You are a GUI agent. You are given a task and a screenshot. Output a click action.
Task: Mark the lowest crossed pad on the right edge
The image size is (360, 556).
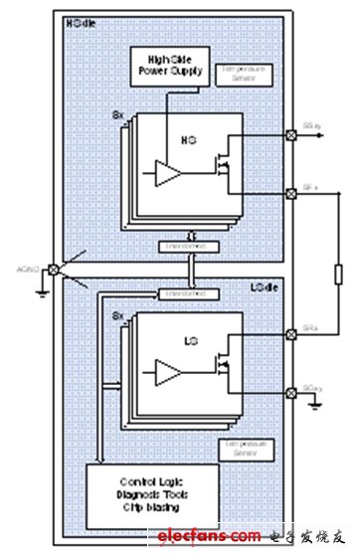click(289, 392)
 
